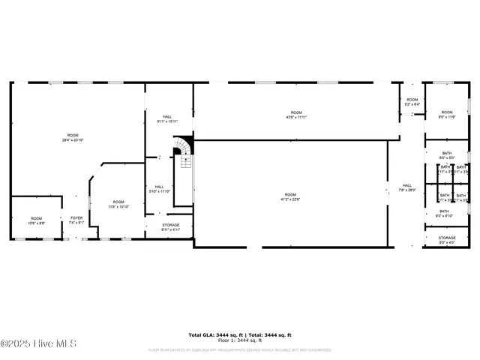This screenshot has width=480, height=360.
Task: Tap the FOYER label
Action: pos(76,220)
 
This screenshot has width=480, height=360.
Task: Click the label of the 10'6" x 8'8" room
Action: pos(37,220)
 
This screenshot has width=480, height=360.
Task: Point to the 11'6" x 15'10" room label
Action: pos(118,204)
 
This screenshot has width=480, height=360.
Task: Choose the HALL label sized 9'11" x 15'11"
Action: pos(167,118)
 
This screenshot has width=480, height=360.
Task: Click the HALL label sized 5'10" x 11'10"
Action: pos(159,189)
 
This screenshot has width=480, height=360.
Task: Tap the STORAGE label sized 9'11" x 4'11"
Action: pos(171,227)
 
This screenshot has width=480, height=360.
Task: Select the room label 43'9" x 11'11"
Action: pos(296,115)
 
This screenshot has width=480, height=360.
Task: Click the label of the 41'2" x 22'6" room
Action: pos(290,196)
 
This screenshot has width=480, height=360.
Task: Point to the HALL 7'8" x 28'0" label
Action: pos(407,187)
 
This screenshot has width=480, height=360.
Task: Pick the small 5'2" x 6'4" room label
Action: pos(412,102)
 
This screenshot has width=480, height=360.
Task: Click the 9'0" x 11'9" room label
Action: pos(446,114)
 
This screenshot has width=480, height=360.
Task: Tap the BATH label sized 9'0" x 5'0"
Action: pos(446,155)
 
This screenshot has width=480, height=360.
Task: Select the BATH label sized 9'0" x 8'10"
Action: pos(445,213)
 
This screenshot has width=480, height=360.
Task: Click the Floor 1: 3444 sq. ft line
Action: pos(239,340)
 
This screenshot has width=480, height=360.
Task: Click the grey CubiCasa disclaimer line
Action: pos(239,349)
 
